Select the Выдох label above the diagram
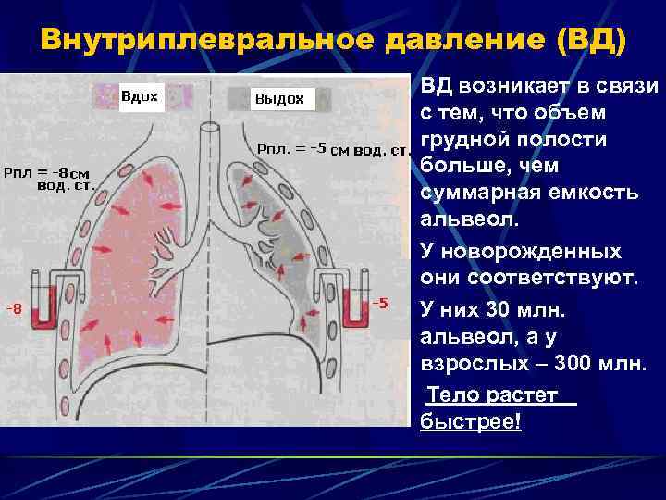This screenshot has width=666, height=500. [x=278, y=98]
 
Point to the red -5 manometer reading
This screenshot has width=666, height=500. [x=379, y=304]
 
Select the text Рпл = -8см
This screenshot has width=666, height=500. [x=47, y=172]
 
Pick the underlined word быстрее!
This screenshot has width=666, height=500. [x=471, y=421]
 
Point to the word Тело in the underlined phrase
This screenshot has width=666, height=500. [x=452, y=395]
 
